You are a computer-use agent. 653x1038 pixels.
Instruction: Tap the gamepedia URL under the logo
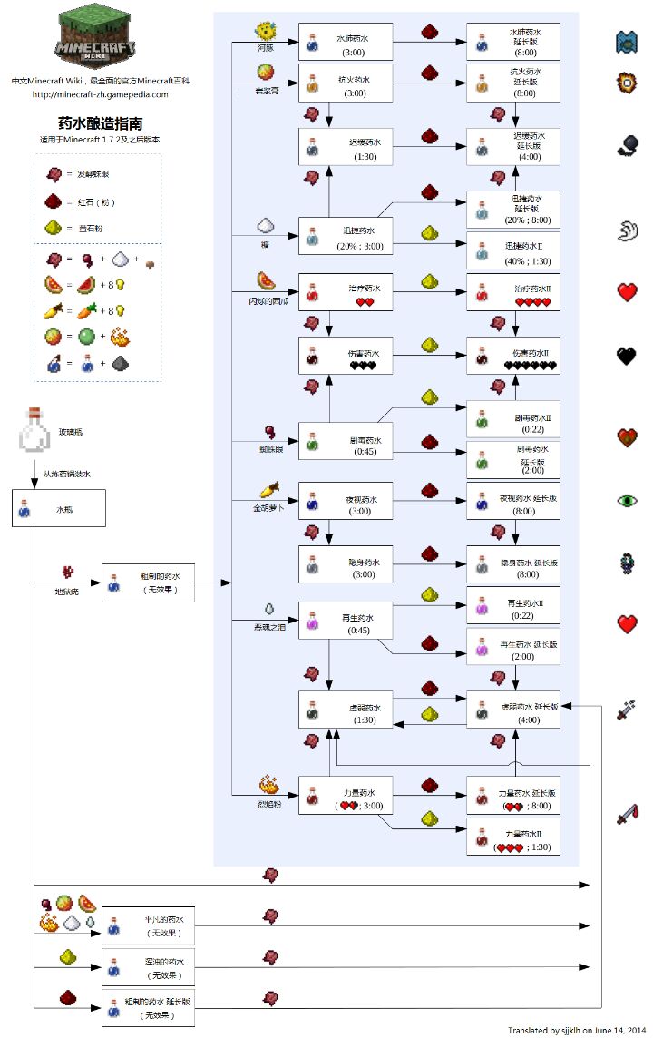coord(100,93)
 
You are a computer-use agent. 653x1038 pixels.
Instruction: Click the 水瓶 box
coord(59,509)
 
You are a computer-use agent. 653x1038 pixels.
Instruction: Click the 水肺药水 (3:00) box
coord(346,42)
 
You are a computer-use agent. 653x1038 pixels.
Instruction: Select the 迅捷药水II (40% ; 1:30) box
coord(512,250)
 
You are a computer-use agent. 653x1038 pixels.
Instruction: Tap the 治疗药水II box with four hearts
coord(512,292)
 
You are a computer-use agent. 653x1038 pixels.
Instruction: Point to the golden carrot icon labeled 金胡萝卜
coord(267,491)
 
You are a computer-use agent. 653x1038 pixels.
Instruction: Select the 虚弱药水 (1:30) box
coord(346,709)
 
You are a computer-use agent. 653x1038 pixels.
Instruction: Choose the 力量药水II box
coord(512,837)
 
